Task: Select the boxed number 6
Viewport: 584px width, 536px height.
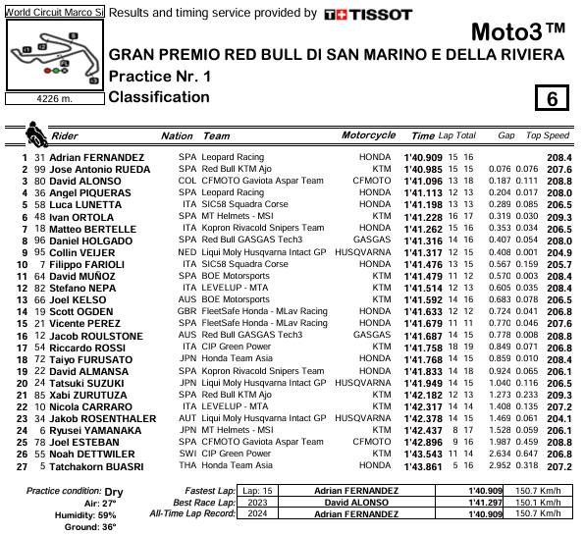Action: click(x=553, y=98)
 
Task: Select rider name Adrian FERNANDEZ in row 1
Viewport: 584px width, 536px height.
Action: click(x=96, y=157)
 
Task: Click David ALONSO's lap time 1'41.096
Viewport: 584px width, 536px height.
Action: click(x=423, y=181)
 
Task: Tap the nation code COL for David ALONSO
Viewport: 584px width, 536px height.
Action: click(x=186, y=181)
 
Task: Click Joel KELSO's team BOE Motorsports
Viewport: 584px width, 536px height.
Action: click(x=237, y=299)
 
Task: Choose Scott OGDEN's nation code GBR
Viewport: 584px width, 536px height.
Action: click(x=186, y=311)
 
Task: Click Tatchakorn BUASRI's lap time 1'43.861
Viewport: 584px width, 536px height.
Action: click(x=423, y=466)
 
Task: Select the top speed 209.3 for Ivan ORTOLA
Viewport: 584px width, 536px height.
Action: click(x=558, y=216)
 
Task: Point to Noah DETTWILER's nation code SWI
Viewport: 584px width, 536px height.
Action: click(x=186, y=455)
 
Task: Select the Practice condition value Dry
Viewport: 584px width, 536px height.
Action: click(x=114, y=491)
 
